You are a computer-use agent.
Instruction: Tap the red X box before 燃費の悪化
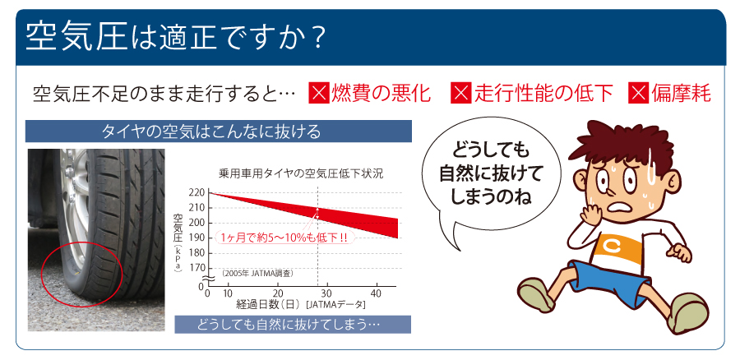pos(318,93)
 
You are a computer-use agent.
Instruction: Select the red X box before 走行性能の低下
pos(460,93)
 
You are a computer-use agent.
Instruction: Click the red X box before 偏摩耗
pos(637,93)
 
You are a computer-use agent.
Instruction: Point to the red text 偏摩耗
pos(681,94)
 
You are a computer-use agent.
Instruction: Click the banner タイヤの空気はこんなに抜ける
pos(219,132)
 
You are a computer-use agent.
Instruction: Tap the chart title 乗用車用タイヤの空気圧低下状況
pos(301,173)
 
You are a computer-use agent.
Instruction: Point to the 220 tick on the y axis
pos(197,192)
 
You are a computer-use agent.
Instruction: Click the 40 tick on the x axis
pos(376,293)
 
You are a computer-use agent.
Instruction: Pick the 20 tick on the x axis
pos(279,293)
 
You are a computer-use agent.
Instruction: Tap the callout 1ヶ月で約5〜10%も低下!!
pos(284,238)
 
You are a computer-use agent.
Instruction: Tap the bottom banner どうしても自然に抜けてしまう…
pos(293,325)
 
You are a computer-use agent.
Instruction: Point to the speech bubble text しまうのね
pos(492,196)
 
